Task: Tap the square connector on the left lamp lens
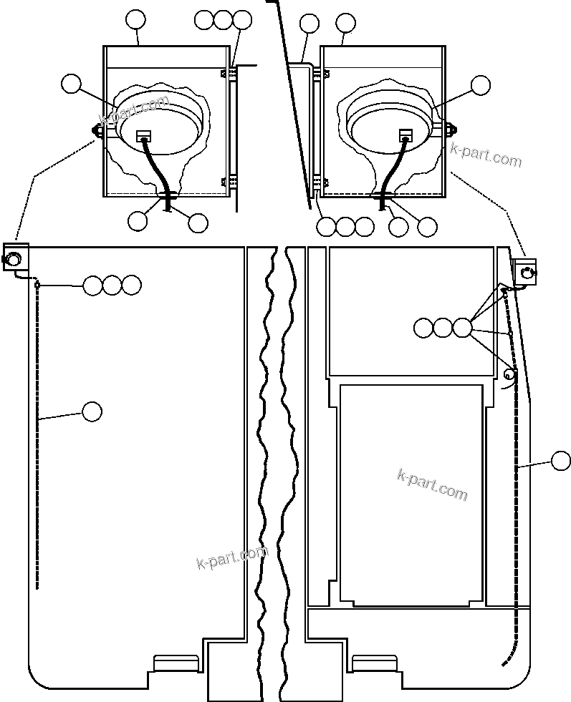click(x=143, y=135)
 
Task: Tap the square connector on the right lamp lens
click(x=406, y=135)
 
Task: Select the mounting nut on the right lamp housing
click(x=451, y=130)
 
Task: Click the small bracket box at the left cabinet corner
click(x=15, y=255)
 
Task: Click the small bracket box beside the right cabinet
click(x=524, y=271)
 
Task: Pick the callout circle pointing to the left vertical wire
click(x=92, y=411)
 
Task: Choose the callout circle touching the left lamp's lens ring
click(x=71, y=84)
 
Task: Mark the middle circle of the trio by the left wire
click(x=112, y=286)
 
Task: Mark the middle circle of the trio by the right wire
click(x=443, y=328)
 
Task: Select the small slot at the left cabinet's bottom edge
click(x=175, y=663)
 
